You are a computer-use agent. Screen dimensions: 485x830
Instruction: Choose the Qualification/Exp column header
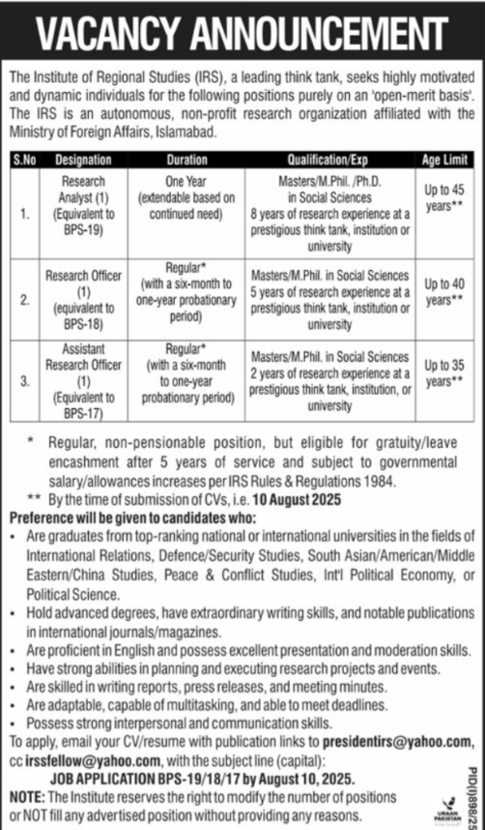tap(328, 156)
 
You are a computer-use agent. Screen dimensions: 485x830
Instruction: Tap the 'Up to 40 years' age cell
tap(443, 290)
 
